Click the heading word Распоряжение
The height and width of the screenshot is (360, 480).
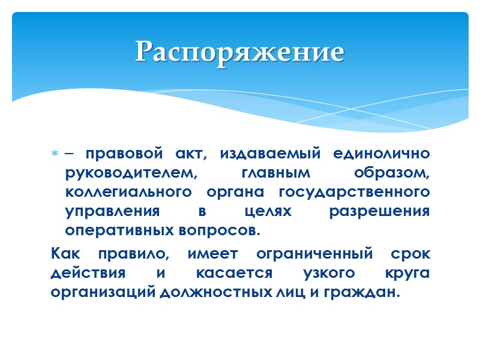pos(239,52)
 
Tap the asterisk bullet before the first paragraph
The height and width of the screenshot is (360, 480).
pos(54,155)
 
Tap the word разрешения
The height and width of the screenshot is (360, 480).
pos(379,211)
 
